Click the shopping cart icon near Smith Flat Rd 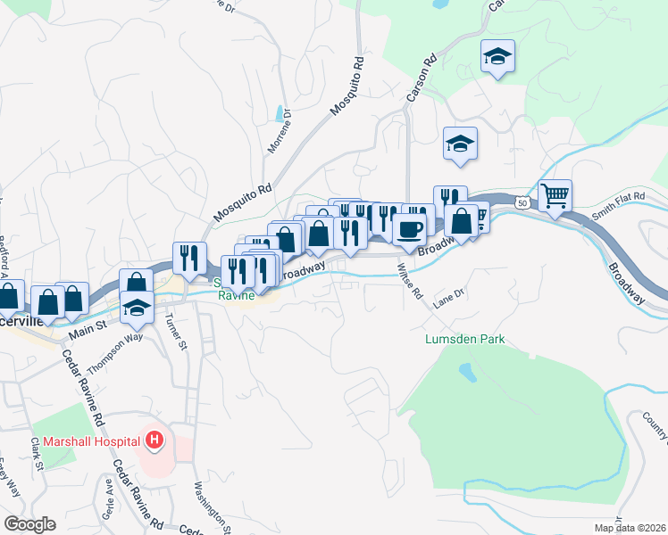click(x=555, y=195)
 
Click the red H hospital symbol click(x=154, y=440)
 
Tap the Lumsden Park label click(x=464, y=339)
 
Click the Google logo click(x=29, y=524)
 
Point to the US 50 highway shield click(x=522, y=203)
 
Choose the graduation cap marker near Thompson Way click(x=136, y=309)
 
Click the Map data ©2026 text click(x=631, y=525)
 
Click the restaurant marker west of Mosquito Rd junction click(x=189, y=258)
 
